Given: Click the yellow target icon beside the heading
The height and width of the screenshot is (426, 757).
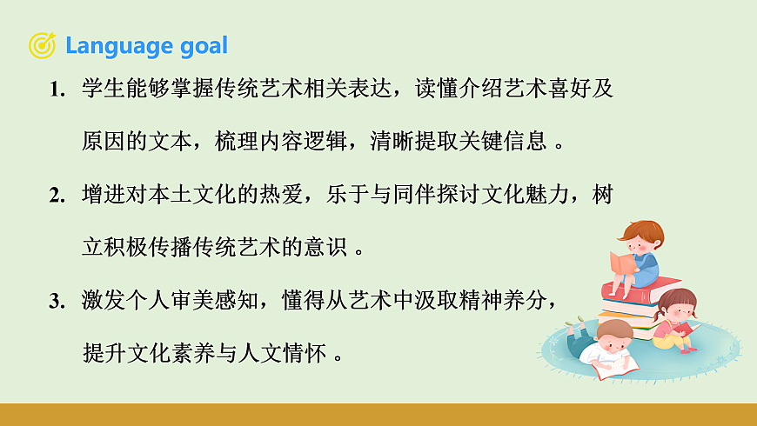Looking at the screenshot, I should coord(42,45).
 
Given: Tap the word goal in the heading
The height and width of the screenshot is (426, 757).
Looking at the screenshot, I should coord(200,45).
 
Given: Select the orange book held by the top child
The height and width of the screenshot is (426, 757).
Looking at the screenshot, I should coord(622,260).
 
